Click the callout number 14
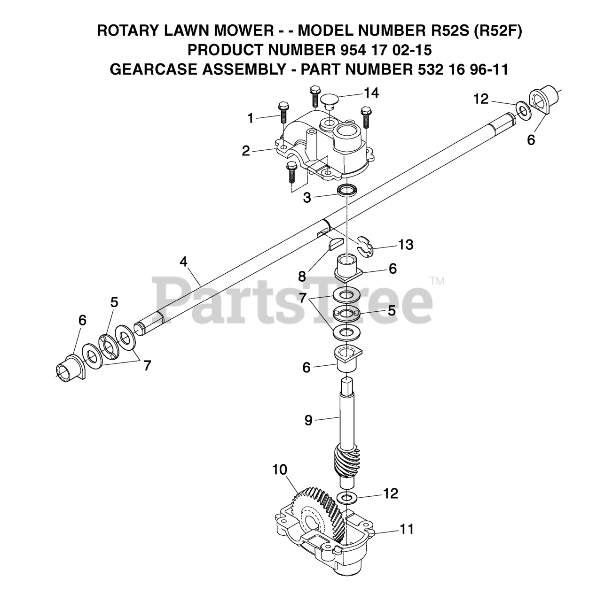click(371, 93)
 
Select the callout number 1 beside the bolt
click(251, 118)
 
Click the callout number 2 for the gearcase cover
click(246, 151)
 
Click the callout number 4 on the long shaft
click(184, 262)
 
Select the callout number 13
click(406, 245)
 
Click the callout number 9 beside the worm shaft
click(308, 420)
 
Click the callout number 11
click(407, 529)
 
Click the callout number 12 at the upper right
click(481, 99)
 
